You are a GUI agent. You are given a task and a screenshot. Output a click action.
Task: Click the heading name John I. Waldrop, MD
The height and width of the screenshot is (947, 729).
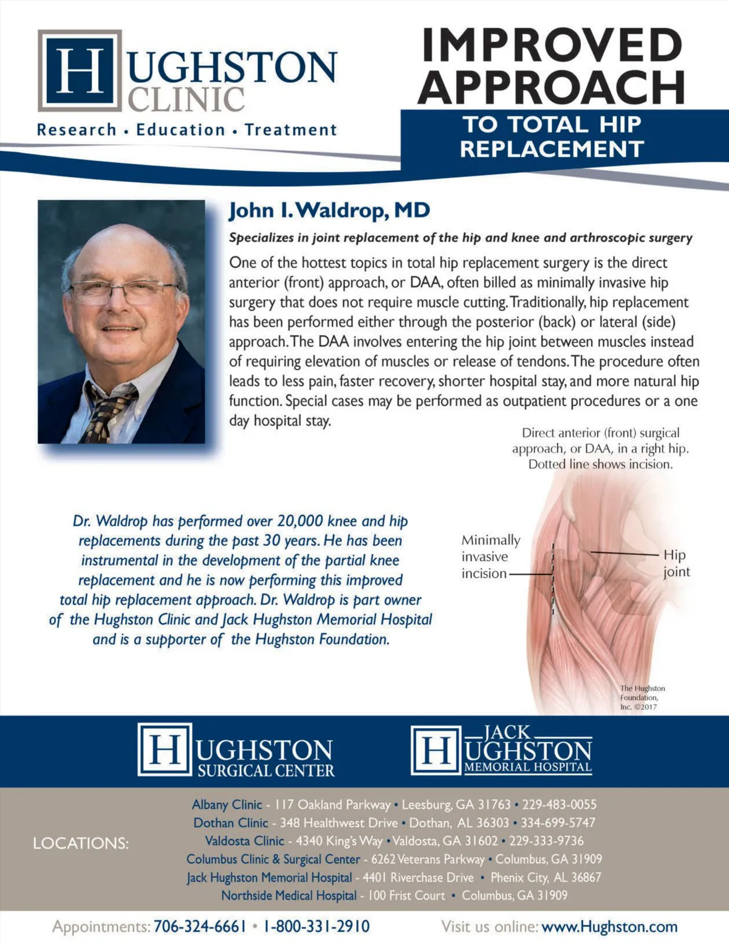pos(329,211)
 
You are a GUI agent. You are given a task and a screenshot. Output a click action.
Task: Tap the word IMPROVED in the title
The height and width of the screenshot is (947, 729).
pos(552,45)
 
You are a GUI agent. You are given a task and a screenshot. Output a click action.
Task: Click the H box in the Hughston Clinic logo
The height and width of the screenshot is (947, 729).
pos(80,71)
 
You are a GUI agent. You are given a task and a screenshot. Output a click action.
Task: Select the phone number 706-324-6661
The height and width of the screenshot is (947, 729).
pos(200,926)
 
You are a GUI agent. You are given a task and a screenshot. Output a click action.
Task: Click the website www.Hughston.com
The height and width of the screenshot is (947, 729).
pos(609,926)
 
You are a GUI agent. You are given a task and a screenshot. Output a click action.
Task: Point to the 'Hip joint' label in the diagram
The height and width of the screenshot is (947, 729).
pos(676,563)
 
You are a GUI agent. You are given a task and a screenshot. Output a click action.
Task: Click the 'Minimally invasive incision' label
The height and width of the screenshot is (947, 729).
pos(490,556)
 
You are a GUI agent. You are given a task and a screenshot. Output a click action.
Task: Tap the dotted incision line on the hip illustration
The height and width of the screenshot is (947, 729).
pos(553,577)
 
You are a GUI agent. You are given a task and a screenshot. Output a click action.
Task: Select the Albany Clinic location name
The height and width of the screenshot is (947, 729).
pos(227,804)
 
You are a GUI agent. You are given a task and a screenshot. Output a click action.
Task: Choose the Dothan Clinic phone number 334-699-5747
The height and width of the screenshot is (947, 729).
pos(558,822)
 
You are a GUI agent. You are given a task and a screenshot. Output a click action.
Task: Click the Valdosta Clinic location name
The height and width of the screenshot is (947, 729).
pos(244,841)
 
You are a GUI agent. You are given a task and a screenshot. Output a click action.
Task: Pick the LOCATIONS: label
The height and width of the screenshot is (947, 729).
pos(81,843)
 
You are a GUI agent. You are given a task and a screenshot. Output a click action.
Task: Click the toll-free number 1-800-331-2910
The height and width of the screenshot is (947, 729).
pos(316,926)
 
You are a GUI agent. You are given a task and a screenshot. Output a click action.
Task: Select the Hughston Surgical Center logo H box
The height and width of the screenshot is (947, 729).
pos(164,749)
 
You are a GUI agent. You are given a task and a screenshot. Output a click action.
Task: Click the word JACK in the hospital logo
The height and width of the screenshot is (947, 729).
pos(507,732)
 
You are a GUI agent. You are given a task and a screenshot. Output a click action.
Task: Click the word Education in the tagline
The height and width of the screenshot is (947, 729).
pos(180,129)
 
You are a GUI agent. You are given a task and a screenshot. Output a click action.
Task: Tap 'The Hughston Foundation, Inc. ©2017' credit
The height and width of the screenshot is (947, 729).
pos(642,697)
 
